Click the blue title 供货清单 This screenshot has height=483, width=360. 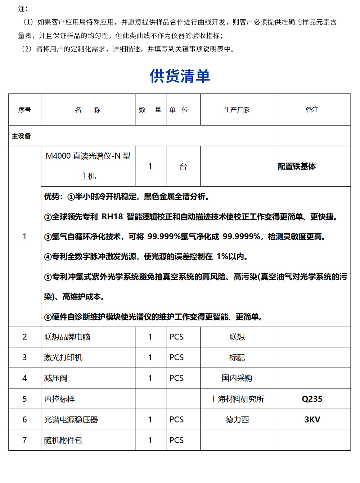click(180, 76)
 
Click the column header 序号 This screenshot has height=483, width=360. click(24, 110)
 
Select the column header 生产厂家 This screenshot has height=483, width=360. click(237, 110)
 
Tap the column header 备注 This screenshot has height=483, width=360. click(312, 110)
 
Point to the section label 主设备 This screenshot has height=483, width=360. click(21, 136)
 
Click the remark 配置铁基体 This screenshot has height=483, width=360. click(297, 166)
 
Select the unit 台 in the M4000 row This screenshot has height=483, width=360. click(183, 167)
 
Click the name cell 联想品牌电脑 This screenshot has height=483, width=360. click(67, 337)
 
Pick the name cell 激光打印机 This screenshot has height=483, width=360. click(63, 357)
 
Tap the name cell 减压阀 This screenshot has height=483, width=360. click(56, 378)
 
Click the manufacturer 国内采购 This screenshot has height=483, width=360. click(237, 378)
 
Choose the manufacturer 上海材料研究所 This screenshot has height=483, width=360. click(237, 399)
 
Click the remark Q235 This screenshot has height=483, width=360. click(312, 399)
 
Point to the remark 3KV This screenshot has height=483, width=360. click(312, 420)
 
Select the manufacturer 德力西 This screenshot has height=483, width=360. click(237, 420)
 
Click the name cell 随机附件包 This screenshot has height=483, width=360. click(63, 440)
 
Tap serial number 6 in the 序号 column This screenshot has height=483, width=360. click(24, 420)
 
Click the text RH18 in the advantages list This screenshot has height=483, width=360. click(112, 217)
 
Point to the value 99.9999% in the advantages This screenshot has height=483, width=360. click(242, 237)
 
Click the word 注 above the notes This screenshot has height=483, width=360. click(22, 9)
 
